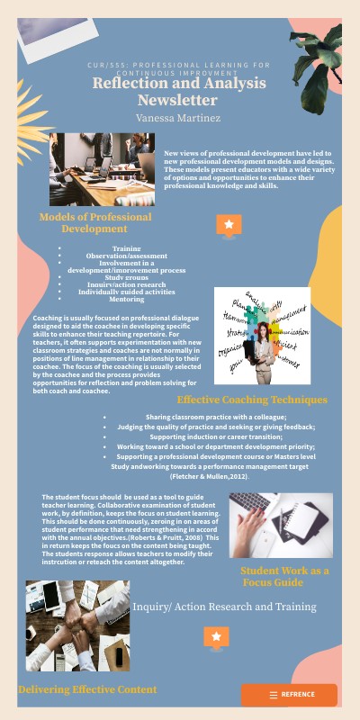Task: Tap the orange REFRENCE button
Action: point(289,695)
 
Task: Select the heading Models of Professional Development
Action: point(94,223)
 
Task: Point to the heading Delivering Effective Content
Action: point(87,689)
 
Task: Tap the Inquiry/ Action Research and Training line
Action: point(224,607)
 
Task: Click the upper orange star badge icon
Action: point(229,225)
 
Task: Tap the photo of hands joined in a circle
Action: point(77,625)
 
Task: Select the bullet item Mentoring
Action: point(126,299)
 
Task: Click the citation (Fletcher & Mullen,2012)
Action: point(209,475)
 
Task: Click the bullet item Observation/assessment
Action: point(126,256)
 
